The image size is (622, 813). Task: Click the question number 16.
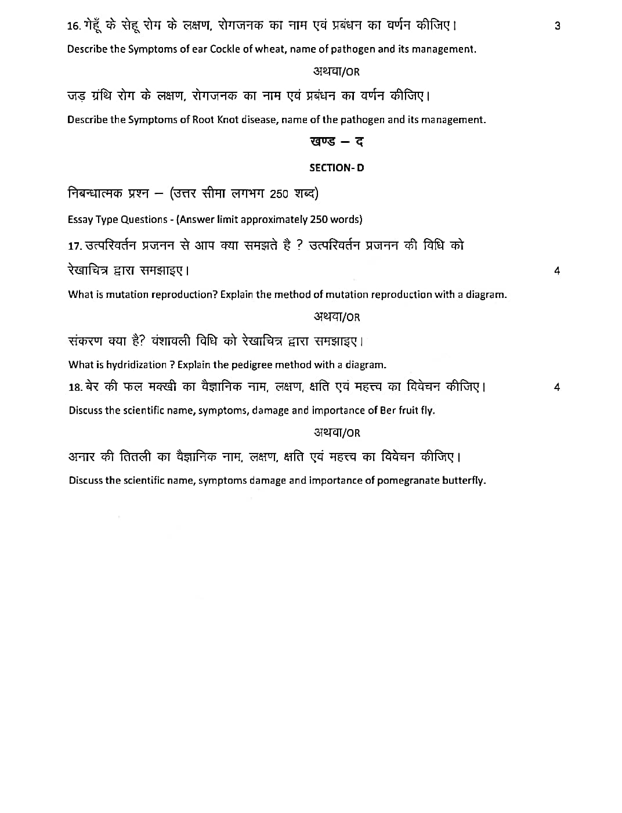coord(73,26)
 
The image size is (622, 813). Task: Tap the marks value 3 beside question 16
coord(558,26)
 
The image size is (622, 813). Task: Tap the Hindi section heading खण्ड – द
coord(337,142)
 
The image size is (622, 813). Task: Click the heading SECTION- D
coord(337,168)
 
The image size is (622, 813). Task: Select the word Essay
coord(80,220)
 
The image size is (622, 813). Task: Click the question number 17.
coord(75,246)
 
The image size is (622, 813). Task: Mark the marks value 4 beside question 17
coord(557,271)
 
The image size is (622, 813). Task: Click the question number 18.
coord(75,387)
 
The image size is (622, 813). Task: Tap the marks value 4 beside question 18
coord(557,387)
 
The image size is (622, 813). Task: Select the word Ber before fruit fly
coord(388,411)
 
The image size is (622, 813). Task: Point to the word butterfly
coord(464,480)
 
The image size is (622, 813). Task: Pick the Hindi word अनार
coord(81,457)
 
